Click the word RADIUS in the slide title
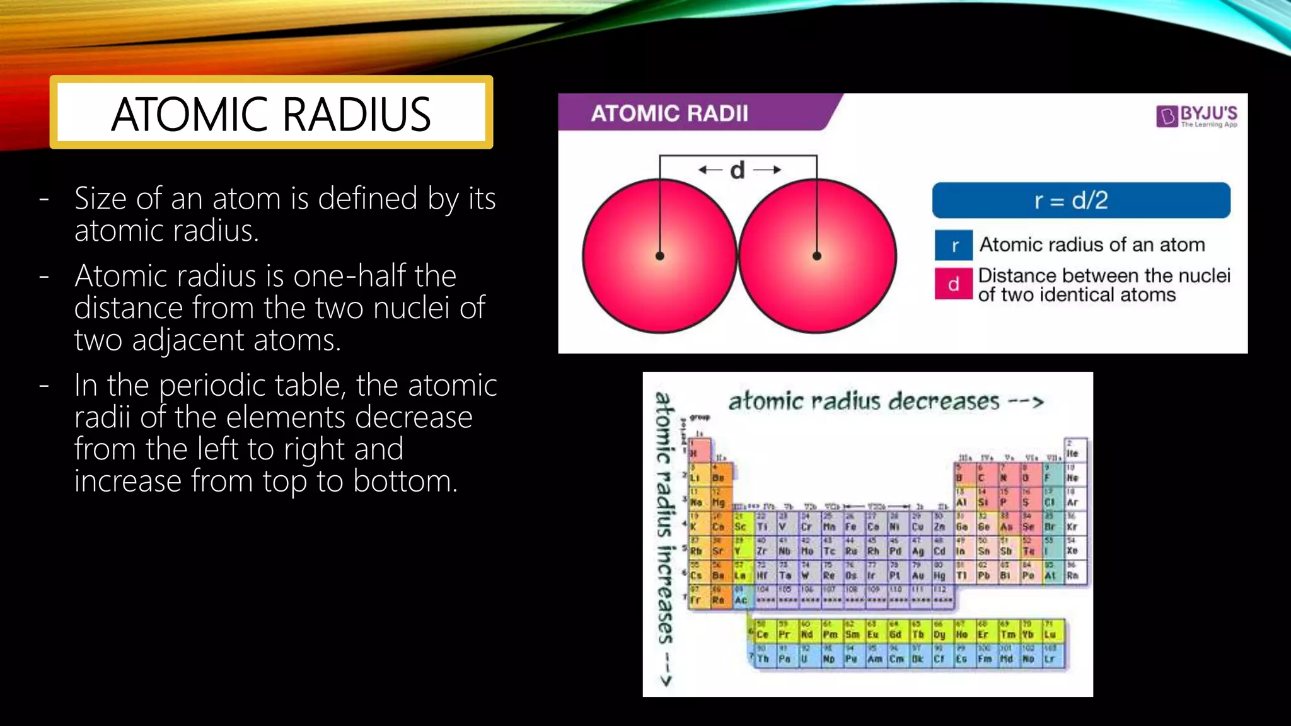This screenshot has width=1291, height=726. [356, 115]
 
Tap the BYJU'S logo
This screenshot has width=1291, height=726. [1196, 115]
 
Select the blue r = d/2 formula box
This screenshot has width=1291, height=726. [1080, 200]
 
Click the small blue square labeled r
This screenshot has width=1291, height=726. [953, 245]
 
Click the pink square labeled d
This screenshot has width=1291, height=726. [953, 284]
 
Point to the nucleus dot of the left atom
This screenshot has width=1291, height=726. [660, 256]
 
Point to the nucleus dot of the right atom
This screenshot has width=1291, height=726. [816, 256]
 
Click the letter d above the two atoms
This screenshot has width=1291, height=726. [737, 170]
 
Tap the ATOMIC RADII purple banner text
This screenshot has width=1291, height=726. [669, 113]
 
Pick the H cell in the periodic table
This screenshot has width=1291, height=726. [698, 451]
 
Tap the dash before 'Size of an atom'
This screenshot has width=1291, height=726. [44, 199]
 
